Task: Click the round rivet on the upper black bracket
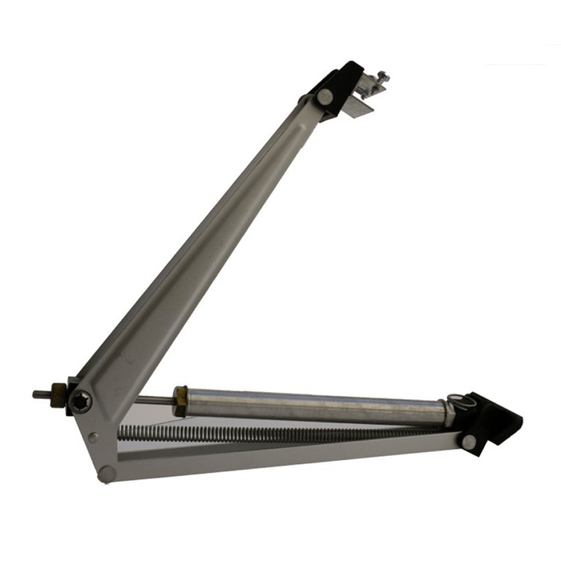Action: (x=324, y=96)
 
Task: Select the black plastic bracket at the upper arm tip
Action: (x=337, y=84)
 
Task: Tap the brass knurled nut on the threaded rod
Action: (x=59, y=394)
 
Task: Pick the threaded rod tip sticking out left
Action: (x=38, y=394)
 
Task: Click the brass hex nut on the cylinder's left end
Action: (x=181, y=400)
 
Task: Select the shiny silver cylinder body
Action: (x=313, y=406)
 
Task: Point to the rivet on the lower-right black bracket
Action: (x=467, y=441)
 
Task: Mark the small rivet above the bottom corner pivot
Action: (x=94, y=438)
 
